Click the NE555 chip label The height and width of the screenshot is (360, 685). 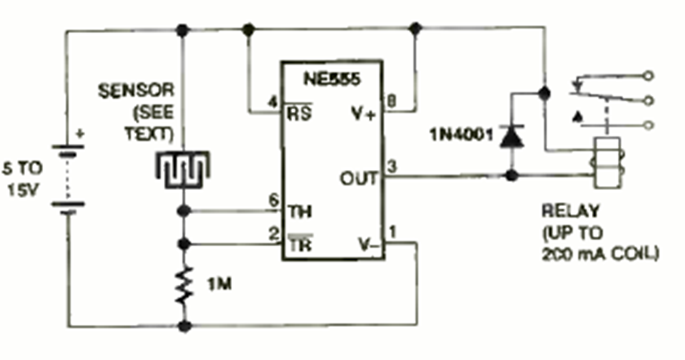[x=333, y=79]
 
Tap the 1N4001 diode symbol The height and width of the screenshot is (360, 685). [x=511, y=137]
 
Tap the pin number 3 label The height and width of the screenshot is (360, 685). [x=391, y=166]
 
